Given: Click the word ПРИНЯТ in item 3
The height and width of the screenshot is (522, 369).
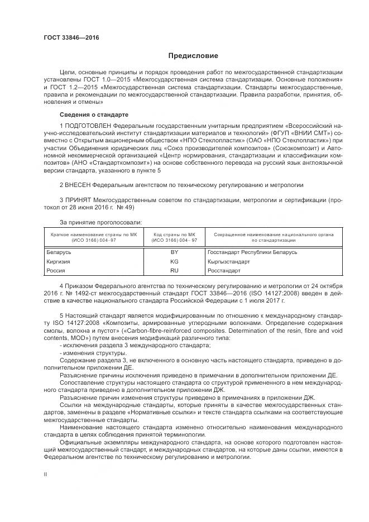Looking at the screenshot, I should coord(78,199).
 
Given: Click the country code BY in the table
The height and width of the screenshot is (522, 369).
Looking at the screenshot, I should coord(174,252).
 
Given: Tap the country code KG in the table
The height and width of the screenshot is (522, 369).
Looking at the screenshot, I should coord(174,261).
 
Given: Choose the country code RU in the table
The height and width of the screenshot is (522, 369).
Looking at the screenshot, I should coord(174,271).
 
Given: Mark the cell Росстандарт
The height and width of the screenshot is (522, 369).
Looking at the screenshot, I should coord(224,271).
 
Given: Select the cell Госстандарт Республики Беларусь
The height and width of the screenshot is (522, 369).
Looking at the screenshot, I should coord(252,252).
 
